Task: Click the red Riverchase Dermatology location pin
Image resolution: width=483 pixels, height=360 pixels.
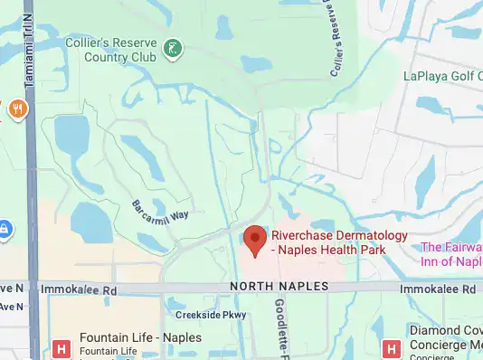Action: [x=256, y=240]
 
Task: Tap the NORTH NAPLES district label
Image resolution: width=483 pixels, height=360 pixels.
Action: [x=279, y=287]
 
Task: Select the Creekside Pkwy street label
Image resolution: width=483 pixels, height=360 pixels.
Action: [x=211, y=315]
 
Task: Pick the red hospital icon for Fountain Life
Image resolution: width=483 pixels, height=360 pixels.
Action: [x=62, y=347]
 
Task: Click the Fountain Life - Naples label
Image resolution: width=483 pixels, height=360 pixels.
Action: [x=140, y=337]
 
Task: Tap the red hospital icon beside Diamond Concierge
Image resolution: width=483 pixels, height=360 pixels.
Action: [x=391, y=347]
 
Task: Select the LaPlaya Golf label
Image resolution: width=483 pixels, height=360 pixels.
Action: [x=441, y=76]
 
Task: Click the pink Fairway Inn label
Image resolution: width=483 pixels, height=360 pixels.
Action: [x=451, y=253]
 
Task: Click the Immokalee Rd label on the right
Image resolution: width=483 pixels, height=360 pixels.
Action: [x=450, y=289]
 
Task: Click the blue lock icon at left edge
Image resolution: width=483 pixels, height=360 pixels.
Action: [x=4, y=229]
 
